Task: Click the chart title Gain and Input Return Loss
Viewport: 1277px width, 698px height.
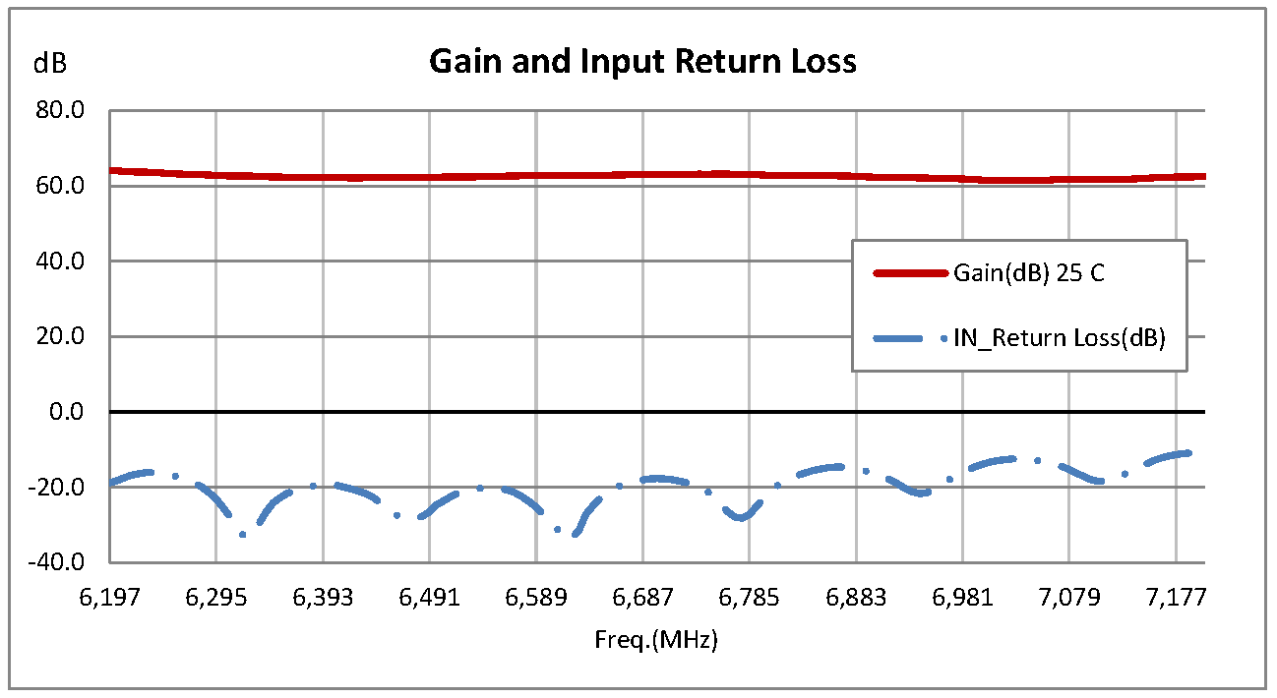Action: point(642,62)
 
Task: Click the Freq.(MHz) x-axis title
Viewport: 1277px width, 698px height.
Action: point(656,641)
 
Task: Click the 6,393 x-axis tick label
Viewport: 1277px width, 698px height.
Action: point(323,598)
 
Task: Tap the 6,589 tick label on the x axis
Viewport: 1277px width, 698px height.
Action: point(536,598)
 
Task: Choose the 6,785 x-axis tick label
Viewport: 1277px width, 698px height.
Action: point(749,598)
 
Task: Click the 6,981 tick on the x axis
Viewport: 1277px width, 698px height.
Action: point(962,598)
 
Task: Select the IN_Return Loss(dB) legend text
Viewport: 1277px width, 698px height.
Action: point(1059,339)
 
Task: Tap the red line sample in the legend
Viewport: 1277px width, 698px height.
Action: point(910,274)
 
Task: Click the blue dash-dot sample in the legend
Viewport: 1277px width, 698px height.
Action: point(910,339)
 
